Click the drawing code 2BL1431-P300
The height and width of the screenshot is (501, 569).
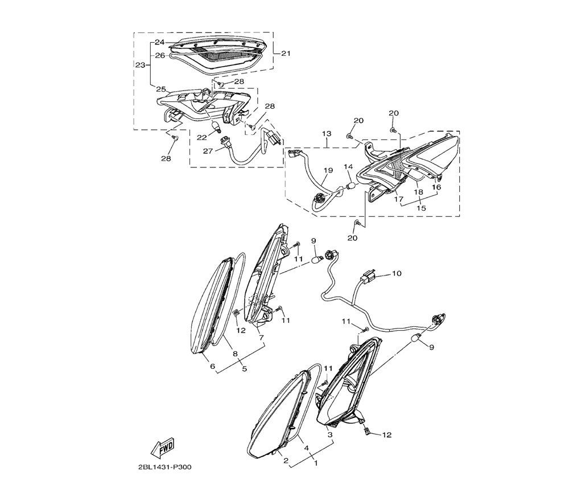click(164, 467)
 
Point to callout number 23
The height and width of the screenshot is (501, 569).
click(140, 65)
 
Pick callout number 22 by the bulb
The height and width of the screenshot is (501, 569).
click(201, 138)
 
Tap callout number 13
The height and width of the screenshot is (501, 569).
click(326, 134)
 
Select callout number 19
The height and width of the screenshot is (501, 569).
click(328, 170)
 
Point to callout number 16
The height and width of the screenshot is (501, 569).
click(437, 187)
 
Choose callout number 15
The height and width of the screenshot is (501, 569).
click(422, 208)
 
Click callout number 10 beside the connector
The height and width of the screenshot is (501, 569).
click(397, 274)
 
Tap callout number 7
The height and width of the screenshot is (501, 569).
click(261, 337)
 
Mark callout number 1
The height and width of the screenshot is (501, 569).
click(316, 463)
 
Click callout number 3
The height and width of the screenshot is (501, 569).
click(329, 434)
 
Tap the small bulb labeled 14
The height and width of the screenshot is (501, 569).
click(351, 185)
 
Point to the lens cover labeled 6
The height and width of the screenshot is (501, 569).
click(208, 307)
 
